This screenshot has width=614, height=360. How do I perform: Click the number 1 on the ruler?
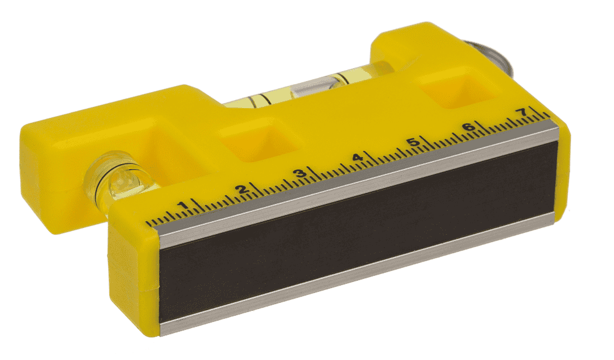pyautogui.click(x=182, y=205)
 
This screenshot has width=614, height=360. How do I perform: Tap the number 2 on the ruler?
pyautogui.click(x=241, y=189)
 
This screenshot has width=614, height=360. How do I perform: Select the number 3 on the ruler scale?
pyautogui.click(x=300, y=173)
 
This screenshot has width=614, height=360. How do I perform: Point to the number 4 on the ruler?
pyautogui.click(x=357, y=158)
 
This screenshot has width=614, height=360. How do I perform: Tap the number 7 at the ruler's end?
pyautogui.click(x=521, y=113)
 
